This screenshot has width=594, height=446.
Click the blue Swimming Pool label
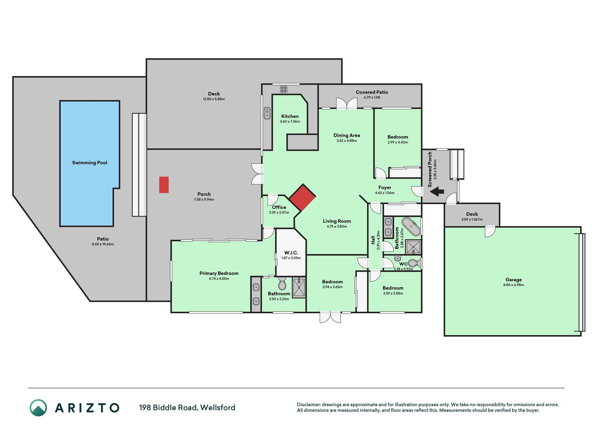pos(89,163)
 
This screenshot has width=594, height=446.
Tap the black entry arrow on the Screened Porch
pos(437,191)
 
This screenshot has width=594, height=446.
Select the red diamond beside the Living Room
pos(302,198)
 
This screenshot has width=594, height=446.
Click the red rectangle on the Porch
pos(164,185)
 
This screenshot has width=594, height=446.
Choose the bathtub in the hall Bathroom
pos(411,227)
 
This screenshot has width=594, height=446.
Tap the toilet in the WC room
pos(414,263)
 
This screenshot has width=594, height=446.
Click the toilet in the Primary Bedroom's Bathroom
pos(282,284)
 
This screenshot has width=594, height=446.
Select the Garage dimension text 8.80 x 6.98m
pos(514,285)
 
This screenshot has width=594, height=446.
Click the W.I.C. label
pos(291,253)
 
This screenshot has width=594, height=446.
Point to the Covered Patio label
pos(372,92)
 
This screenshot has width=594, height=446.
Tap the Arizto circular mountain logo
pos(38,408)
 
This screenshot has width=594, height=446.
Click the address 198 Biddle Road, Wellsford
pos(187,407)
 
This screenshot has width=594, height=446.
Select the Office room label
pos(279,207)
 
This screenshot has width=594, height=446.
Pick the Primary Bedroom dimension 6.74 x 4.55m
pos(219,279)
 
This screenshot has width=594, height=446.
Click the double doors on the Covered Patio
pos(347,104)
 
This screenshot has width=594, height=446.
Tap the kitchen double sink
pos(267,113)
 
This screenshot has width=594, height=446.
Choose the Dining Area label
pos(347,135)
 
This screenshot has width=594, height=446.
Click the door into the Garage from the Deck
pos(490,231)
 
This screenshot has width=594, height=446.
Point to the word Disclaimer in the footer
pos(308,405)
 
